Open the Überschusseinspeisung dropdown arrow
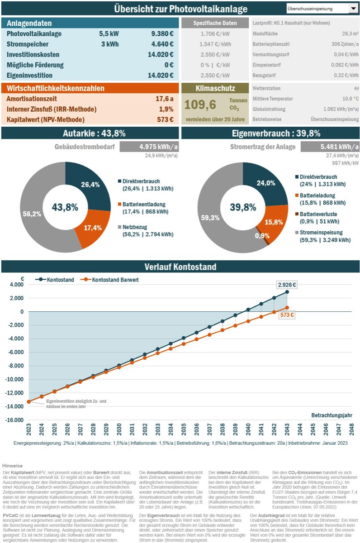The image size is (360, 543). click(x=353, y=9)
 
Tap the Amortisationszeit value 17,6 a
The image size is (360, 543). click(x=165, y=98)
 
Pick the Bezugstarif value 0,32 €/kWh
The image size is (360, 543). click(x=347, y=75)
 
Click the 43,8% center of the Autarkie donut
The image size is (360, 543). click(x=65, y=207)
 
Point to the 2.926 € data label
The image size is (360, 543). click(x=287, y=285)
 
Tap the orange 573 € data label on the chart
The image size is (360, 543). click(x=287, y=315)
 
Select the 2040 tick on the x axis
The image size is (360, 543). click(x=248, y=427)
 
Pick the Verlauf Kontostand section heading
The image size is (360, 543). click(x=180, y=267)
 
